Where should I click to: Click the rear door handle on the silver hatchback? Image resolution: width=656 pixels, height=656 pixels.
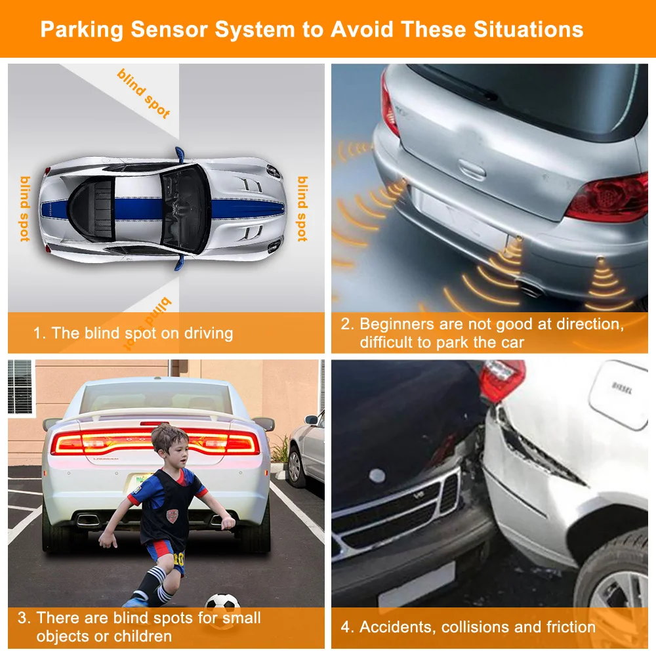(472, 169)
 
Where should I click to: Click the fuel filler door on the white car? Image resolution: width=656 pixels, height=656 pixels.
(619, 395)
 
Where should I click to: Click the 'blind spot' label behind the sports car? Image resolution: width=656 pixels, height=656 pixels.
(25, 209)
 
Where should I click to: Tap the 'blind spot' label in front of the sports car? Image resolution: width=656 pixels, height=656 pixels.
(302, 209)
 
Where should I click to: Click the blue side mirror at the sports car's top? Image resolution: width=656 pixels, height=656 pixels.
(180, 154)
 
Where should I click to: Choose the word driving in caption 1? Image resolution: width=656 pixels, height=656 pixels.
(209, 333)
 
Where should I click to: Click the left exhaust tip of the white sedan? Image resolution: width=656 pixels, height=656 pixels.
(89, 520)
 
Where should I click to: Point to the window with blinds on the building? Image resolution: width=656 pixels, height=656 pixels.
(20, 387)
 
